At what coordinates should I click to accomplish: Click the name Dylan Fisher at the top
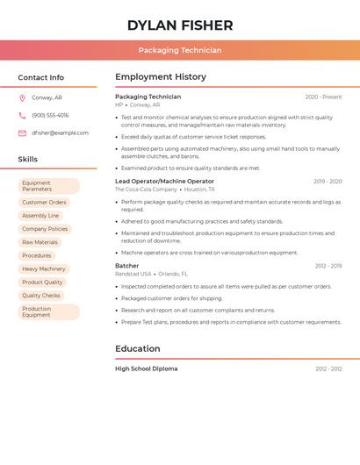(x=180, y=25)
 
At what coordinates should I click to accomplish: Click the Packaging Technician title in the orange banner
(x=180, y=50)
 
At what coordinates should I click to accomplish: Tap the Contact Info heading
(x=41, y=77)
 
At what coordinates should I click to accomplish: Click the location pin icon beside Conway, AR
(x=22, y=98)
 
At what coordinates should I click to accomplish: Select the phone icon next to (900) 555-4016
(x=22, y=116)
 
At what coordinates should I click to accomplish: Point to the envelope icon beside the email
(x=22, y=133)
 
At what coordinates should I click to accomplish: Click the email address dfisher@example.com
(x=60, y=133)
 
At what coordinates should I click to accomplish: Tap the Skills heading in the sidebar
(x=28, y=160)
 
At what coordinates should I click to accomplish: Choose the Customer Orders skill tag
(x=44, y=203)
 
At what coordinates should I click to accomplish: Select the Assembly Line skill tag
(x=40, y=216)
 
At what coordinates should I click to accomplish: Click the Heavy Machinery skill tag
(x=44, y=269)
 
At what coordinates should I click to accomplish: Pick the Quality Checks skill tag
(x=41, y=296)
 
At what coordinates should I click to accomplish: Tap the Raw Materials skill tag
(x=40, y=242)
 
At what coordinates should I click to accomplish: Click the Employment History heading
(x=161, y=77)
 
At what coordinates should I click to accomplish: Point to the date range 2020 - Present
(x=323, y=97)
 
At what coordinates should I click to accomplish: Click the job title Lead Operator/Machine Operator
(x=164, y=182)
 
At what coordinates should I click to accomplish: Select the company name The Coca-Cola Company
(x=146, y=190)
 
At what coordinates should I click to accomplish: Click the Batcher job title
(x=126, y=266)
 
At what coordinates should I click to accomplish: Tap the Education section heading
(x=137, y=349)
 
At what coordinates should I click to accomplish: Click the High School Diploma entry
(x=146, y=369)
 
